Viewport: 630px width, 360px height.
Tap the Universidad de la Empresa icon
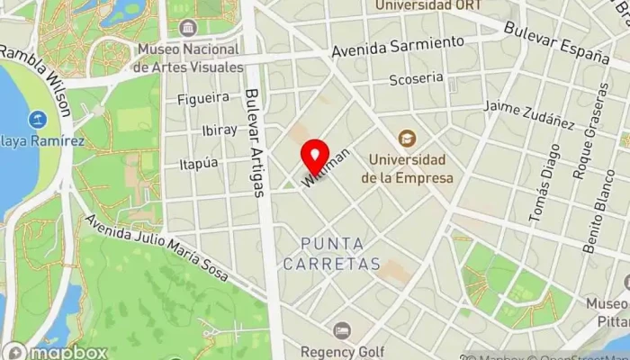[408, 139]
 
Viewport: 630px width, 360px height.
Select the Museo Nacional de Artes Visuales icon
[186, 29]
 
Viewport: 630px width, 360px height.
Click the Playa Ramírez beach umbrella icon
[38, 119]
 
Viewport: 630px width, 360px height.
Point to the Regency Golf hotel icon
[341, 331]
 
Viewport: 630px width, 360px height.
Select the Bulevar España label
[557, 41]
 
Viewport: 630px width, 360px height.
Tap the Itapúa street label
[199, 163]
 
